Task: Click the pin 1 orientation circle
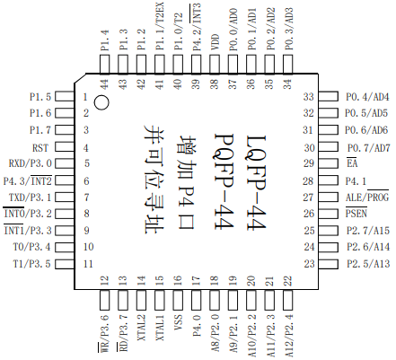(101, 102)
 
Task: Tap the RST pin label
(40, 148)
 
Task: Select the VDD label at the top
(216, 42)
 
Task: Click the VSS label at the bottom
(178, 322)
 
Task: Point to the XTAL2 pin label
(141, 328)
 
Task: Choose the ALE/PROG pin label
(367, 198)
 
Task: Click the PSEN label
(356, 214)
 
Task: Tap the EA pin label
(352, 163)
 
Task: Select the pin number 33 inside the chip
(309, 97)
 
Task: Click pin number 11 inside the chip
(88, 264)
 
